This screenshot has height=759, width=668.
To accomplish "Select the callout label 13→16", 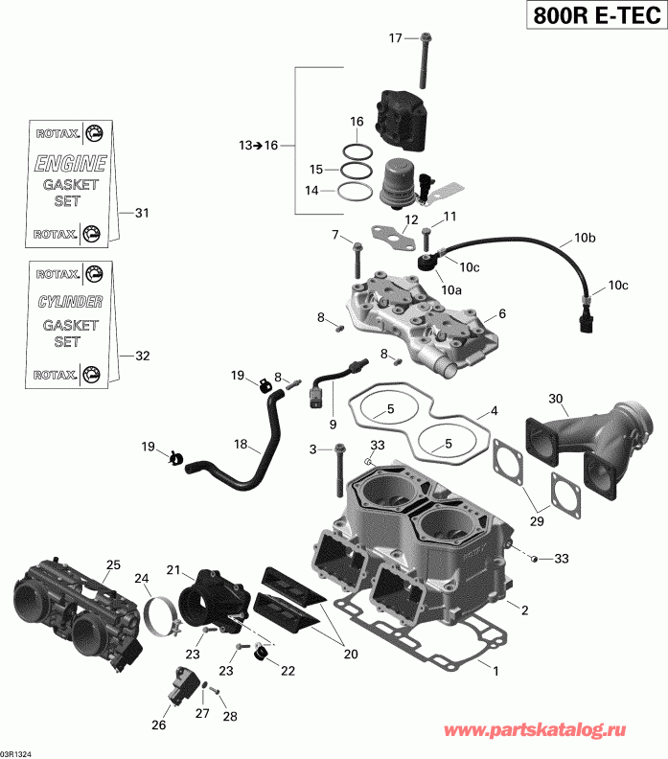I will (x=258, y=145).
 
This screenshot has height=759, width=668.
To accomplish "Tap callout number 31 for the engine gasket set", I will (x=142, y=213).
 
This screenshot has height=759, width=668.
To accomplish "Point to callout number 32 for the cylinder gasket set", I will (x=142, y=356).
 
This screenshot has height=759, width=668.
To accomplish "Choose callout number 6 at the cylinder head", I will (x=502, y=313).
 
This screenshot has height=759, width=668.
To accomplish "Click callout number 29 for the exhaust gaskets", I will (x=538, y=520).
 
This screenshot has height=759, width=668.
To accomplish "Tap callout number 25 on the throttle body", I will (x=113, y=565).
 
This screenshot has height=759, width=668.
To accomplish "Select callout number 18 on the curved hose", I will (x=242, y=445).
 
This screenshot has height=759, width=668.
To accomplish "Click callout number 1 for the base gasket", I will (x=495, y=671).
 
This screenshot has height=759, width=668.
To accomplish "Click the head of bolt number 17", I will (x=422, y=38).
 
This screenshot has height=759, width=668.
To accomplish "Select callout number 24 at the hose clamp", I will (x=142, y=578).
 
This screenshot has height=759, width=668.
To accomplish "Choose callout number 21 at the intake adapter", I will (x=173, y=570).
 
